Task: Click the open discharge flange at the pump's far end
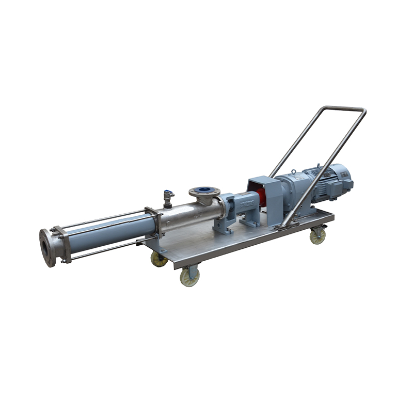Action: [x=48, y=247]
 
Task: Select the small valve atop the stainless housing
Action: [x=168, y=197]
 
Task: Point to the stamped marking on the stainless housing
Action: [x=196, y=217]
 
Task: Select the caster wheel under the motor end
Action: [x=318, y=237]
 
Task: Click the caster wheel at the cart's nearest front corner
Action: [x=189, y=277]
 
